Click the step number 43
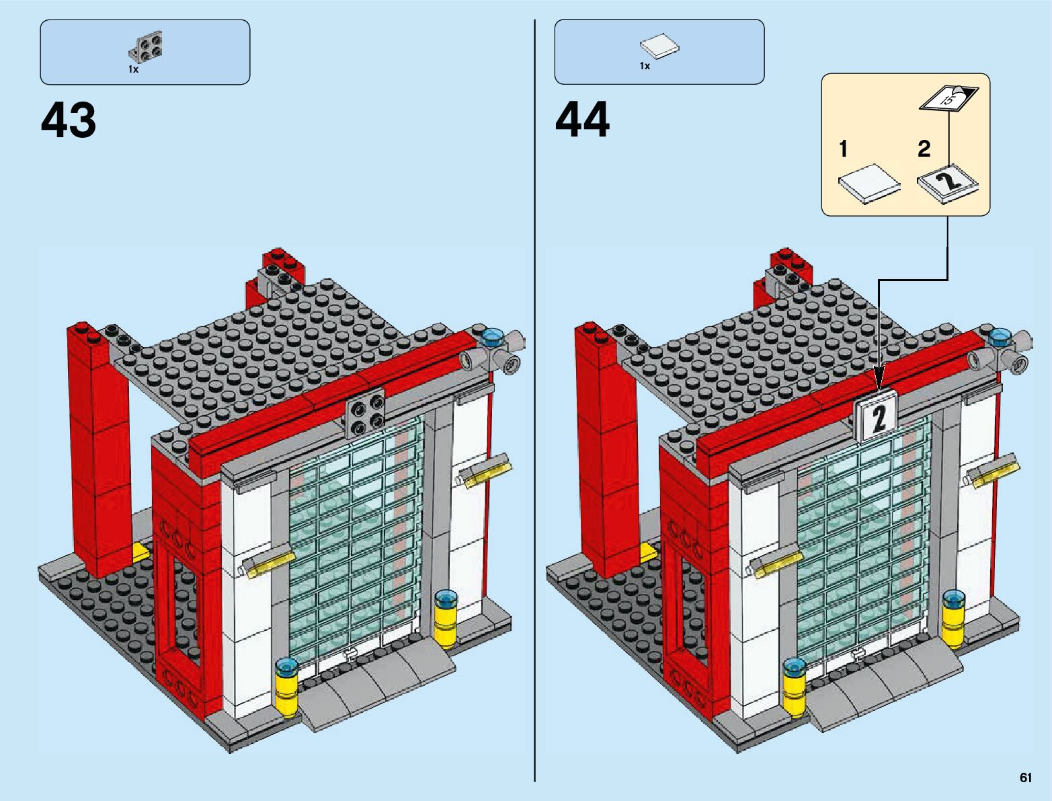click(x=69, y=121)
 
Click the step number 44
click(x=583, y=121)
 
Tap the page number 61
click(x=1025, y=777)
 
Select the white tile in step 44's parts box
click(x=659, y=47)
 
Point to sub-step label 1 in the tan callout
click(x=844, y=149)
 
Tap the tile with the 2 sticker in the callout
click(x=948, y=182)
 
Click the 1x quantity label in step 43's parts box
click(x=133, y=69)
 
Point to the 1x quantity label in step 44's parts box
click(x=645, y=66)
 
